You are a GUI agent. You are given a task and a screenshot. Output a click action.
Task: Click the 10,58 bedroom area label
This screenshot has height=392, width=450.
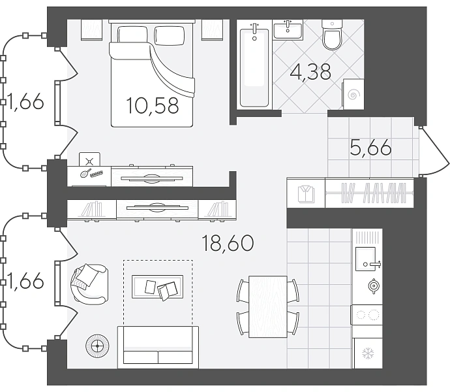152,105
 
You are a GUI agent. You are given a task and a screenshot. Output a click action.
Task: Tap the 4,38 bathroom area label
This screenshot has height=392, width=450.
310,72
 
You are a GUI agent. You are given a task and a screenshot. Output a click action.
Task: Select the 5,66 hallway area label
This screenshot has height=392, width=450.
370,147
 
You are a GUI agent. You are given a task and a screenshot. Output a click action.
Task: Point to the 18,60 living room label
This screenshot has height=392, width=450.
228,243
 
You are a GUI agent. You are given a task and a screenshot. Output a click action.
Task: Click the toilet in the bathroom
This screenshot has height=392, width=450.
332,35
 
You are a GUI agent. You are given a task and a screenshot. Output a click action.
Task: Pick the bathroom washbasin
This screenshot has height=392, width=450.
288,29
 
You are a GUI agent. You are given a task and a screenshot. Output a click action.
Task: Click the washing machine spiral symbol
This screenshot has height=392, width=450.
353,95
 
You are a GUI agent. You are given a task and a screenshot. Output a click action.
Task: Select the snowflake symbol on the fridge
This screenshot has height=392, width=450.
368,353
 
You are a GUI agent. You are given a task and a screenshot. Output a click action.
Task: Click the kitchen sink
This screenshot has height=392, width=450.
365,259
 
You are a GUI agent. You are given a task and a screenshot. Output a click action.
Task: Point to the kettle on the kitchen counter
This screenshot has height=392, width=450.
374,286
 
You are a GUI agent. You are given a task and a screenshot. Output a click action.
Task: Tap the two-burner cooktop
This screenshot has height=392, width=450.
367,315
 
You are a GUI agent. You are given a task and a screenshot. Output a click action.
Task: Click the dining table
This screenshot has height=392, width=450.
268,306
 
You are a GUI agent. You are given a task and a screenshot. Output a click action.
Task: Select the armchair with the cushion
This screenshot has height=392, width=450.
89,284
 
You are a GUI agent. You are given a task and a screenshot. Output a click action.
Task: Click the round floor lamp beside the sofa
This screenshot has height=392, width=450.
97,346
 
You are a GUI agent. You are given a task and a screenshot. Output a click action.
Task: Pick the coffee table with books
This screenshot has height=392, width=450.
157,287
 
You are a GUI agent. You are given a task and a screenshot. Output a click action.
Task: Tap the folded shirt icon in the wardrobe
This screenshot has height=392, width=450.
306,194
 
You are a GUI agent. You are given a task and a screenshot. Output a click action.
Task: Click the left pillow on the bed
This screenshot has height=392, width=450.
132,35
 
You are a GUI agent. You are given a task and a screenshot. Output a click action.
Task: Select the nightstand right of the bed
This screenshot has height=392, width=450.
213,29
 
